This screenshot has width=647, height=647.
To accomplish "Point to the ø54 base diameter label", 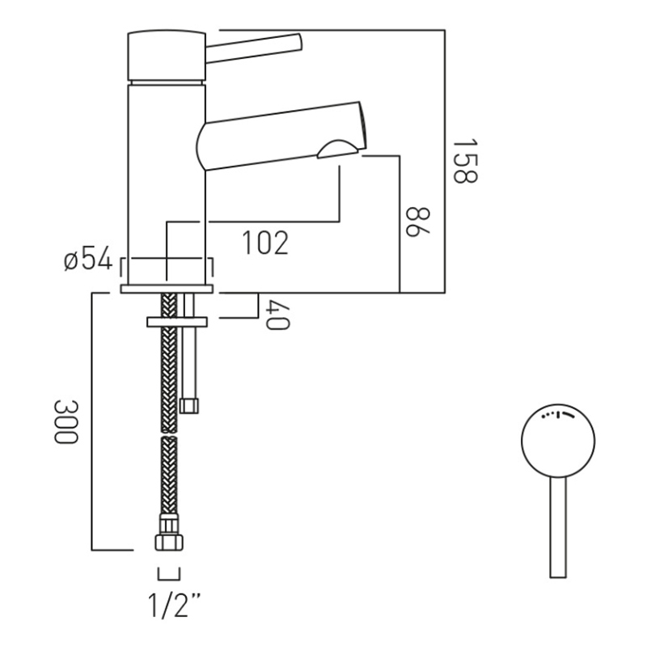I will click(87, 260).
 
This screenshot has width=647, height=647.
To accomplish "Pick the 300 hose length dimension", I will click(66, 421).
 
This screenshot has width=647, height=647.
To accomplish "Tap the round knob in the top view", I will click(557, 441).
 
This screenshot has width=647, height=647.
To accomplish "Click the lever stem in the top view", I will click(557, 526).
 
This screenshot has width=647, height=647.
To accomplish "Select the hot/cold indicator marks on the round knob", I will click(557, 416).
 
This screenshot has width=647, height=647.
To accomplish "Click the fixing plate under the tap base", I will click(177, 322).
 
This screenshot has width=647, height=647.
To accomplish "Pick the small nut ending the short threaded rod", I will click(191, 404).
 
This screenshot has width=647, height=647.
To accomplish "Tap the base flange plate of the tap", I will click(167, 288).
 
